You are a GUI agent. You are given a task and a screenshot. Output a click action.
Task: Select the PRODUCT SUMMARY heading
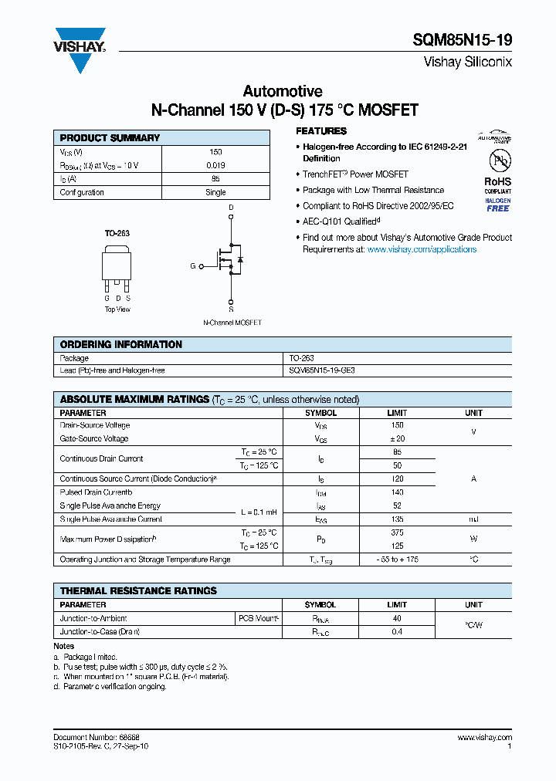point(110,138)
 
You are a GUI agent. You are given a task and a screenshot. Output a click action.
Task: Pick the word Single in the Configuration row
point(215,192)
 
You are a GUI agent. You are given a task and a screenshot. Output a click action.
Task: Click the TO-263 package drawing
point(117,267)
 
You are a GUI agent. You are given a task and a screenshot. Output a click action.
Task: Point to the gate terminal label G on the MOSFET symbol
point(193,266)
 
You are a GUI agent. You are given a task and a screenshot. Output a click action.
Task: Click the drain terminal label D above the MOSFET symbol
point(231,208)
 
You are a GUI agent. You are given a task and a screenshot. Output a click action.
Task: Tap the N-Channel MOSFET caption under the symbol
point(232,322)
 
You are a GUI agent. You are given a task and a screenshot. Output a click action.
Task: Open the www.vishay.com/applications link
point(422,249)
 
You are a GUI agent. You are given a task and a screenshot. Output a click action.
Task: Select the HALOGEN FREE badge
point(497,205)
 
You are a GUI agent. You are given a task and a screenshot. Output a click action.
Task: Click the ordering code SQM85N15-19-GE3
point(322,370)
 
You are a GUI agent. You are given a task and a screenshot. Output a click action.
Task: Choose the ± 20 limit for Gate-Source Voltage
point(397,438)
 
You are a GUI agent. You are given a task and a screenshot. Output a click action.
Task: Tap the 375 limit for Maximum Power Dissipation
point(397,532)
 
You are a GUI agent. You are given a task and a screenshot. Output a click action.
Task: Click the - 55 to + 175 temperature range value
point(397,560)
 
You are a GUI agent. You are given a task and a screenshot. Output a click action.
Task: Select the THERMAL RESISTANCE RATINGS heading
point(138,591)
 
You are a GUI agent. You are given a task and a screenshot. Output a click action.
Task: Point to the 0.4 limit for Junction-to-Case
point(397,632)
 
